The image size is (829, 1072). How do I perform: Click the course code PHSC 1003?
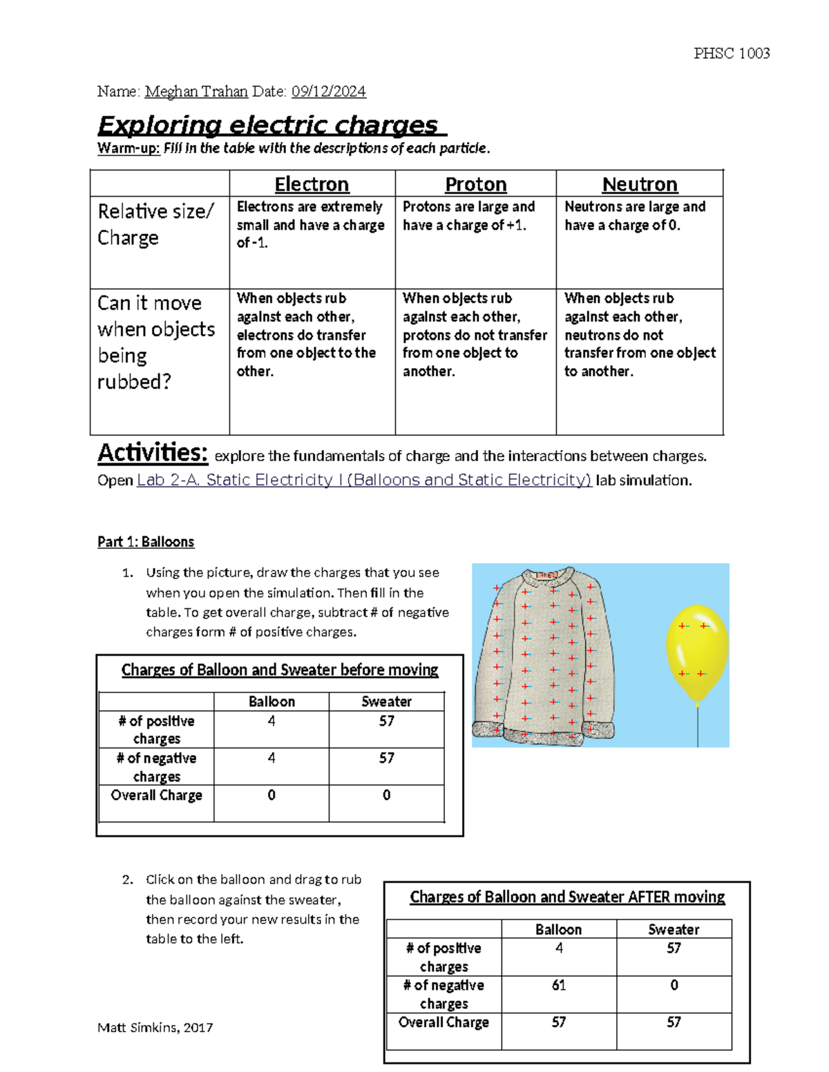pos(732,53)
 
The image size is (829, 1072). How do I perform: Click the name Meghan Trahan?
pos(196,91)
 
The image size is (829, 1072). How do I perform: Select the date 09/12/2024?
pos(328,91)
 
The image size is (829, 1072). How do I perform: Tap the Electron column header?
pos(312,184)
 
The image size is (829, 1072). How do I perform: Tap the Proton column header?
pos(475,184)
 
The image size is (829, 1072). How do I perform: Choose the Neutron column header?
pos(640,184)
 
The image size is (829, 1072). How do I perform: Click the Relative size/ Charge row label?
pos(155,224)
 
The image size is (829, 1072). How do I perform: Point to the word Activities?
pos(152,453)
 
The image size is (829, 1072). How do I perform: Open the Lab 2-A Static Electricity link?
pos(364,480)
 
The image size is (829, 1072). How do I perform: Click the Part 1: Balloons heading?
pos(146,541)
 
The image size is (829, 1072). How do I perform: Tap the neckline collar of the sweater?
pos(547,575)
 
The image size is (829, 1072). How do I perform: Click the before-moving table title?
pos(280,670)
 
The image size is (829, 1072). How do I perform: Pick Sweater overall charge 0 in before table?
pos(386,795)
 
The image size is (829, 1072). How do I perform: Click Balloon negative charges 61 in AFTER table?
pos(558,985)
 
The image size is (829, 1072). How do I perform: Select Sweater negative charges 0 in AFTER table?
pos(674,985)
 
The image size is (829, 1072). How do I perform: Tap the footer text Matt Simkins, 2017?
pos(155,1027)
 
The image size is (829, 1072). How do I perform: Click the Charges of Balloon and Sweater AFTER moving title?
pos(567,897)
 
